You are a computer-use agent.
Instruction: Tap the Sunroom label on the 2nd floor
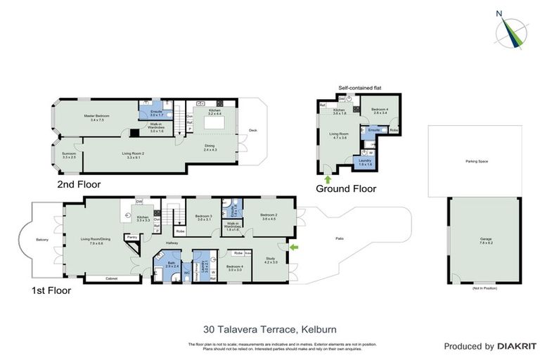(69, 155)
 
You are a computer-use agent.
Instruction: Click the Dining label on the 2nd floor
(211, 147)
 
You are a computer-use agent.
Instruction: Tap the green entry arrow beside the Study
(294, 247)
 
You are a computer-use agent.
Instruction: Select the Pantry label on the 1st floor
(131, 238)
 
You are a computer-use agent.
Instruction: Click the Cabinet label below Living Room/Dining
(112, 278)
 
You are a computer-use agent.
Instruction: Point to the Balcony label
(42, 240)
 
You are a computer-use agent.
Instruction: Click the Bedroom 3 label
(204, 217)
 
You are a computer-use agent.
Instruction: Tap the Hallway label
(172, 243)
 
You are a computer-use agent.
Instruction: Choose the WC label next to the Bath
(186, 273)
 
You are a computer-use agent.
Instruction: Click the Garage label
(486, 240)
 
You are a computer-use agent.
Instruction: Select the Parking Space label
(476, 162)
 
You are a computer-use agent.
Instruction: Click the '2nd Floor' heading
(79, 184)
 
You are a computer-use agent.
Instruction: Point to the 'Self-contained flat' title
(358, 88)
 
